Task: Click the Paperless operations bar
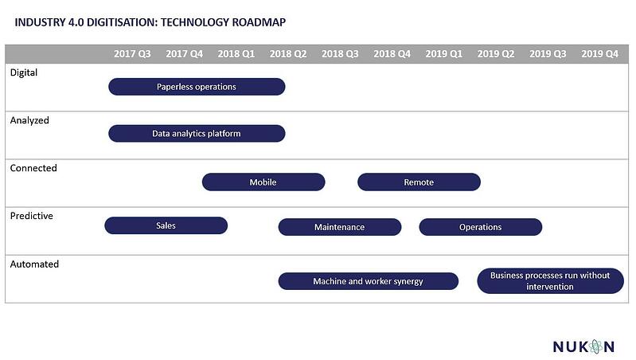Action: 197,86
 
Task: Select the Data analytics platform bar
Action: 197,133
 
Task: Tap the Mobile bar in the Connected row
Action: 263,182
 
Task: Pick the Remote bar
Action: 419,182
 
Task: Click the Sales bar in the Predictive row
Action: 166,225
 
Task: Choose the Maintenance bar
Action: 339,227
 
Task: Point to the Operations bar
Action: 480,227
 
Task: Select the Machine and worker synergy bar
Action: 368,281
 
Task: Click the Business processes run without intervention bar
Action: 550,281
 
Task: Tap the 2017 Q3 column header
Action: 132,54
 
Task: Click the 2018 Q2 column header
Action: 288,54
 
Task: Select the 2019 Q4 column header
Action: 599,54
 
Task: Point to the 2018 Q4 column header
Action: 392,54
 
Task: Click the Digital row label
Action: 24,72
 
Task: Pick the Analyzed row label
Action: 29,120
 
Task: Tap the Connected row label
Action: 33,168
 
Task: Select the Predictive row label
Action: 32,216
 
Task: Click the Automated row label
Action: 34,264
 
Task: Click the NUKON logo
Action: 584,346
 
